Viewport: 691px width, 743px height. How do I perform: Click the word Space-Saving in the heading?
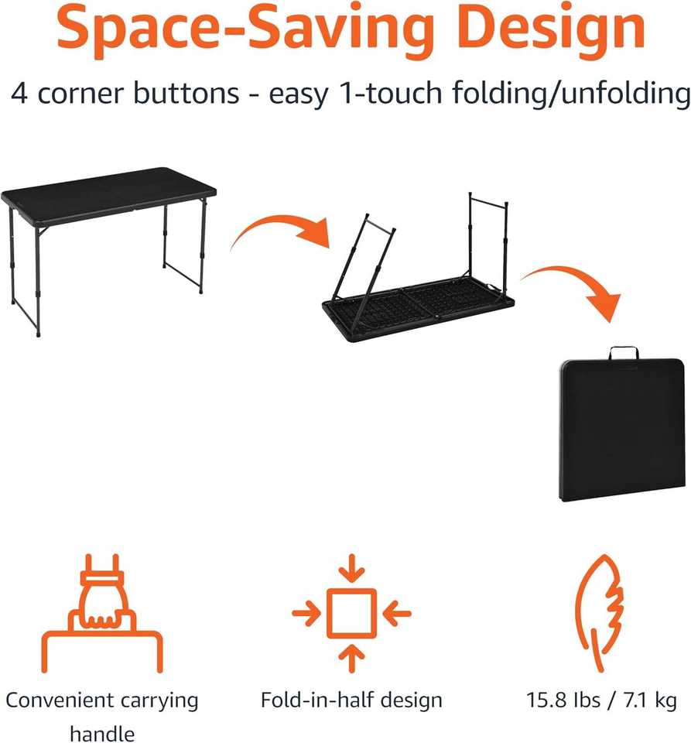[x=245, y=29]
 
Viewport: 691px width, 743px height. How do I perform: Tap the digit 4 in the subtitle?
[x=19, y=93]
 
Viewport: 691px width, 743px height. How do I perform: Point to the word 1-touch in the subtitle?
[x=391, y=93]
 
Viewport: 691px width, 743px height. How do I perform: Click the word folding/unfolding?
[x=571, y=94]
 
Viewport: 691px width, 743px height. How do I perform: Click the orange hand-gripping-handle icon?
[x=102, y=613]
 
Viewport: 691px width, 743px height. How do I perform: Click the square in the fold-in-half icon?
[x=351, y=613]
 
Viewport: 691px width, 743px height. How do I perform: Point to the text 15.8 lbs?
[x=563, y=700]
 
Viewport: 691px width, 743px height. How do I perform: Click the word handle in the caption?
[x=102, y=734]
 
